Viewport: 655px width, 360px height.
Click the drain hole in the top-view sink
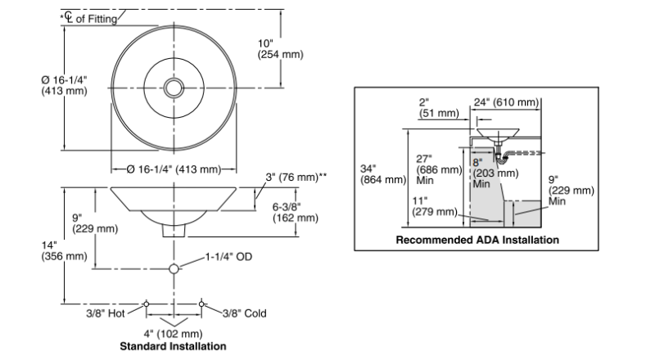pyautogui.click(x=174, y=88)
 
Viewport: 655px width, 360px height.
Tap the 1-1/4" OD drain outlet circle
pyautogui.click(x=174, y=268)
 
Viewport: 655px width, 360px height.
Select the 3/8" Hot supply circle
pyautogui.click(x=147, y=304)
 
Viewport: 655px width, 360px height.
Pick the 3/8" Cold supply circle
pyautogui.click(x=201, y=304)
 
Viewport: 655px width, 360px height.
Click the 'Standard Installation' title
pyautogui.click(x=173, y=346)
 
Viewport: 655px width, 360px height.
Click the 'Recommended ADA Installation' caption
pyautogui.click(x=477, y=240)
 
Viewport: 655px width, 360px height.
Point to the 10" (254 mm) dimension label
pyautogui.click(x=280, y=49)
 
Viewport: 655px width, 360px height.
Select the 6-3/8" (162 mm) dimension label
pyautogui.click(x=296, y=212)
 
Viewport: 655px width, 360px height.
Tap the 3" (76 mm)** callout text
pyautogui.click(x=296, y=177)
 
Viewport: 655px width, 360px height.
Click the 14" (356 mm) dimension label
pyautogui.click(x=65, y=250)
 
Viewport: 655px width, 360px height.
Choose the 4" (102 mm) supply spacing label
pyautogui.click(x=173, y=334)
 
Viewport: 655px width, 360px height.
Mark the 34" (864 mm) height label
pyautogui.click(x=383, y=174)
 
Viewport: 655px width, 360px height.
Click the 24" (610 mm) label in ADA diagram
pyautogui.click(x=506, y=102)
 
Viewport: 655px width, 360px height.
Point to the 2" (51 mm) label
pyautogui.click(x=439, y=108)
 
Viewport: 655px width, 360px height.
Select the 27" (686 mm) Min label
pyautogui.click(x=439, y=169)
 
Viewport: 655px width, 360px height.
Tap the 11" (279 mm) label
pyautogui.click(x=435, y=206)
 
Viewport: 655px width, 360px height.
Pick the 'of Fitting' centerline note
pyautogui.click(x=97, y=19)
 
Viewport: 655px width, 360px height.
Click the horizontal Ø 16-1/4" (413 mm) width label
pyautogui.click(x=174, y=169)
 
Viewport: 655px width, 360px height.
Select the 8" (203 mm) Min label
pyautogui.click(x=495, y=173)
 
